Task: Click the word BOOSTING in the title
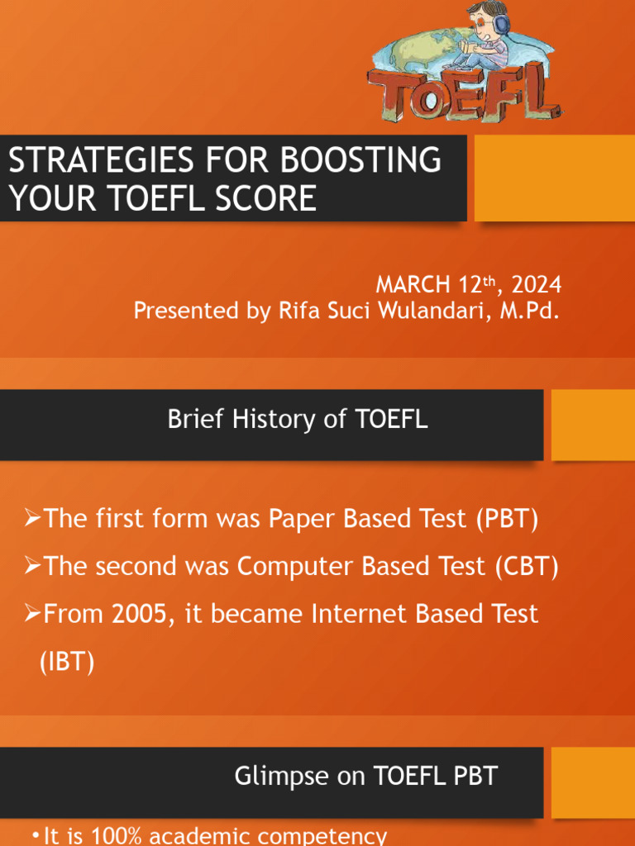click(x=371, y=159)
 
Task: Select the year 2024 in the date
click(x=537, y=286)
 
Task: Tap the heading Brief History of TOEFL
click(x=298, y=420)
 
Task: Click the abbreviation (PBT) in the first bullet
click(x=507, y=520)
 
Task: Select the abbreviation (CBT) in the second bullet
click(x=528, y=567)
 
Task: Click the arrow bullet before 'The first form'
click(x=32, y=520)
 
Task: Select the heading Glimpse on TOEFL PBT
click(x=366, y=777)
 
